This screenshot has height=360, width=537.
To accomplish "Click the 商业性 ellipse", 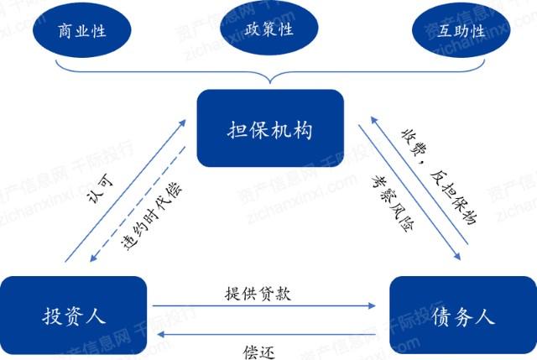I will tap(83, 31).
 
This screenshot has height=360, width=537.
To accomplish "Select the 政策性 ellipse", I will tap(268, 29).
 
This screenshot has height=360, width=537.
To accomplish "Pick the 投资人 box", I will tap(73, 316).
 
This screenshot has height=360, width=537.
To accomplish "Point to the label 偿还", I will tap(262, 350).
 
